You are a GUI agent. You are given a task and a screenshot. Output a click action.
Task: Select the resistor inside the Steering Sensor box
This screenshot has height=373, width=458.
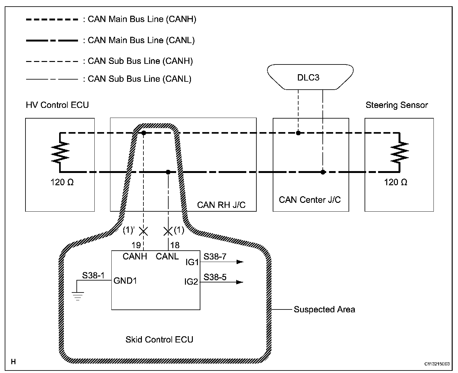tap(399, 152)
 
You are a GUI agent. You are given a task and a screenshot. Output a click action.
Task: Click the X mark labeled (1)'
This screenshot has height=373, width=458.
tap(143, 232)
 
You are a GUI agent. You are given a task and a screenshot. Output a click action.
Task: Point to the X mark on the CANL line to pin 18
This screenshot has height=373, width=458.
tap(168, 232)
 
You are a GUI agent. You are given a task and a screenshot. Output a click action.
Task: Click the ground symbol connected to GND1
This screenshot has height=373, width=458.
tap(77, 296)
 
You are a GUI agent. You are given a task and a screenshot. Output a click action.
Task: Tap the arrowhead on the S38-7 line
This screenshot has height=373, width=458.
tap(240, 262)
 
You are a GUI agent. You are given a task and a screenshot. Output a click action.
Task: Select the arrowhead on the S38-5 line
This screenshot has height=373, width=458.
tap(240, 282)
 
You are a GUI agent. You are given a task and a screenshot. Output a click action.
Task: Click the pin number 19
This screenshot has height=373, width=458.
tap(136, 245)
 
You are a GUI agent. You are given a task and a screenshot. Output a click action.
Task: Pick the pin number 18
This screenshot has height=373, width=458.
tap(175, 245)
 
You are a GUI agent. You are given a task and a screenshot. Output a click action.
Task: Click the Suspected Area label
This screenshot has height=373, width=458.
tap(324, 309)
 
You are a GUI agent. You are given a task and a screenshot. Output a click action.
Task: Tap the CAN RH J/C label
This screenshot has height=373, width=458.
tap(221, 205)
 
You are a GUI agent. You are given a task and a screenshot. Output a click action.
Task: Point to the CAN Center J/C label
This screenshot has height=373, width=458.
tap(310, 200)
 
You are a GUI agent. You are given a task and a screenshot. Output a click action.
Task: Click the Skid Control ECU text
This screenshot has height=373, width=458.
tap(159, 340)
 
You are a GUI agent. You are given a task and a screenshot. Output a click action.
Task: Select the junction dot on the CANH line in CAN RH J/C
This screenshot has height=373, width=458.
tap(143, 133)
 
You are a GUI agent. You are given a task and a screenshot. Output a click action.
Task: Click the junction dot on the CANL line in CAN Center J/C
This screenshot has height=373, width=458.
tap(323, 172)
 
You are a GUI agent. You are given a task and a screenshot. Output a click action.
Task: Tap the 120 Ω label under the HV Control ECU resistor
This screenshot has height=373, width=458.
tap(62, 182)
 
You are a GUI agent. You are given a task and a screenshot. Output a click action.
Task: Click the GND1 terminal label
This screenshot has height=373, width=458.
tap(125, 281)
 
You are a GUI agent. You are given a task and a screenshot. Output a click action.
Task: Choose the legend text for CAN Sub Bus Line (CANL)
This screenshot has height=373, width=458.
tap(139, 79)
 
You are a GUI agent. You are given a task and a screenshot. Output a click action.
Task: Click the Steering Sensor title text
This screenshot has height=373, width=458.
tap(397, 105)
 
